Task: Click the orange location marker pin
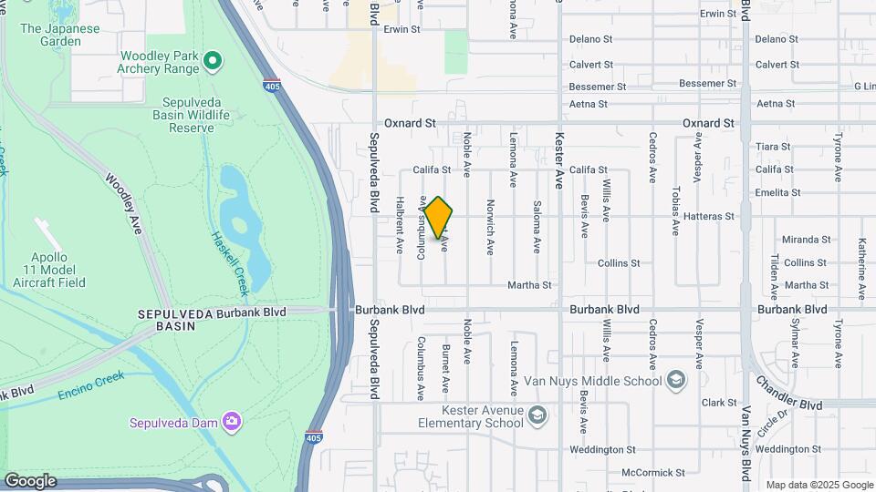(439, 218)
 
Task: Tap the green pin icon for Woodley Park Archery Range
(213, 62)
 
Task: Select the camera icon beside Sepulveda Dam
(232, 421)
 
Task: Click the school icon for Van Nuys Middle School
(676, 379)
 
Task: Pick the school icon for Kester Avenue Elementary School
(538, 416)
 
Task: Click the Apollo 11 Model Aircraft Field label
(49, 270)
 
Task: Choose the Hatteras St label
(709, 216)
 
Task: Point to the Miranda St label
(807, 240)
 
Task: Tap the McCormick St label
(652, 473)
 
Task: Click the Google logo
(30, 481)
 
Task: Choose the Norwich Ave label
(490, 227)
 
